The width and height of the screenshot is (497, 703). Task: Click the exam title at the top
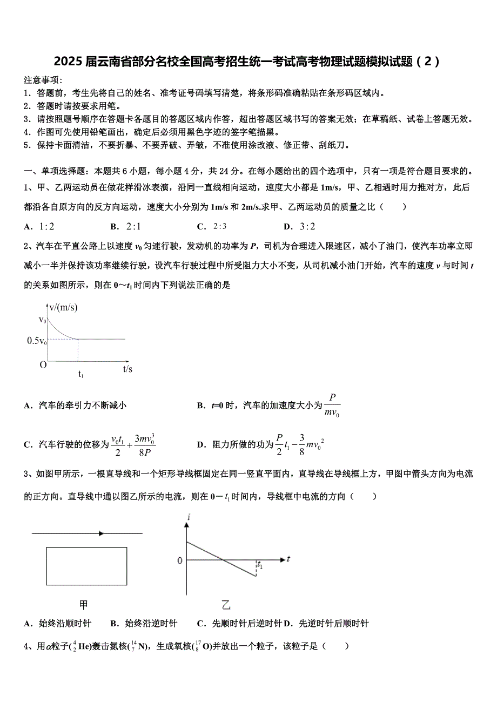point(248,62)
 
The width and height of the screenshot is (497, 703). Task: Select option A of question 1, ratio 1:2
point(40,227)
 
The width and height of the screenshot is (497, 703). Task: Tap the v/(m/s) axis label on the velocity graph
point(63,308)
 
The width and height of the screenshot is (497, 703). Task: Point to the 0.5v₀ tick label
point(37,341)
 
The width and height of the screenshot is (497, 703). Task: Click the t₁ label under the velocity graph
point(80,374)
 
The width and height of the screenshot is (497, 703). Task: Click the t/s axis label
point(127,369)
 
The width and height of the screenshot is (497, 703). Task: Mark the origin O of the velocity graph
point(43,364)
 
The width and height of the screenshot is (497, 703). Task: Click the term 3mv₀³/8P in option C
point(144,445)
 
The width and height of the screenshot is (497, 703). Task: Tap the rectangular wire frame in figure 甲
point(86,566)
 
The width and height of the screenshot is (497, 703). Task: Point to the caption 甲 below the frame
point(84,605)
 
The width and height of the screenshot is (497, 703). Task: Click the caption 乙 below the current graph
point(226,605)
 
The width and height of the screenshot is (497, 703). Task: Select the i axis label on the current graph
point(189,518)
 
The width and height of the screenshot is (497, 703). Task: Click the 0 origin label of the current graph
point(180,561)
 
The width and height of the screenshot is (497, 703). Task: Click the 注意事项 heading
point(44,80)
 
